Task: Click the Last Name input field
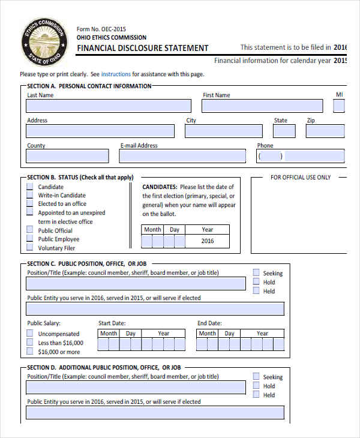pyautogui.click(x=109, y=106)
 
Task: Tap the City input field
pyautogui.click(x=223, y=131)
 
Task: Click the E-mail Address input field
pyautogui.click(x=182, y=156)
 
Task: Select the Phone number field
pyautogui.click(x=301, y=156)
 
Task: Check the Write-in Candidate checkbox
pyautogui.click(x=30, y=195)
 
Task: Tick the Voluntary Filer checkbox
pyautogui.click(x=30, y=247)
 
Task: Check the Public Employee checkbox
pyautogui.click(x=30, y=239)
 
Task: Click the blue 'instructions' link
pyautogui.click(x=116, y=74)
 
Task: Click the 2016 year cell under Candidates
pyautogui.click(x=207, y=241)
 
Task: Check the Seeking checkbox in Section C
pyautogui.click(x=256, y=273)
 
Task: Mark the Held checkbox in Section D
pyautogui.click(x=256, y=395)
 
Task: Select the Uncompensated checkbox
pyautogui.click(x=30, y=334)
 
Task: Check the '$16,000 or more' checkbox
pyautogui.click(x=30, y=352)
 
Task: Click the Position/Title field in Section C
pyautogui.click(x=136, y=284)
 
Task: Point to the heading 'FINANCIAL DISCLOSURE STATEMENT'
pyautogui.click(x=143, y=49)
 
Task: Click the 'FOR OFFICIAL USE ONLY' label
pyautogui.click(x=300, y=178)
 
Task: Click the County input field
pyautogui.click(x=67, y=156)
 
